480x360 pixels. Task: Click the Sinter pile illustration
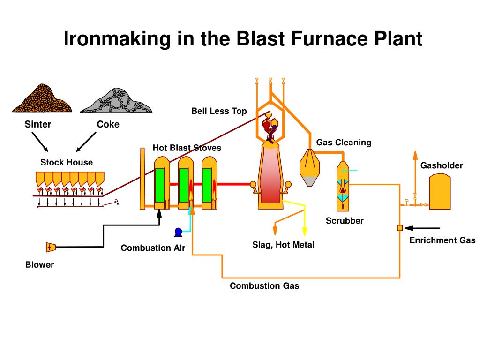click(x=42, y=99)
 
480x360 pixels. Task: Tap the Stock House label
click(x=67, y=163)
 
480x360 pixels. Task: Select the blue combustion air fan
click(x=178, y=232)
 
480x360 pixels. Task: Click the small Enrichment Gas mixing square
click(x=400, y=228)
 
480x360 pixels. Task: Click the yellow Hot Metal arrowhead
click(x=304, y=232)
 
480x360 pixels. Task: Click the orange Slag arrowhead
click(x=275, y=231)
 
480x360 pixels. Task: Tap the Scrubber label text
click(x=345, y=221)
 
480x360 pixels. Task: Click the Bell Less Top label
click(x=219, y=111)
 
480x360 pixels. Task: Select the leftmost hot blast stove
click(x=162, y=183)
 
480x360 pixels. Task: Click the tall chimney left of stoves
click(x=142, y=178)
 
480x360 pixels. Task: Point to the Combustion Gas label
click(x=264, y=286)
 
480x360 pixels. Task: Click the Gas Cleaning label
click(x=344, y=142)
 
